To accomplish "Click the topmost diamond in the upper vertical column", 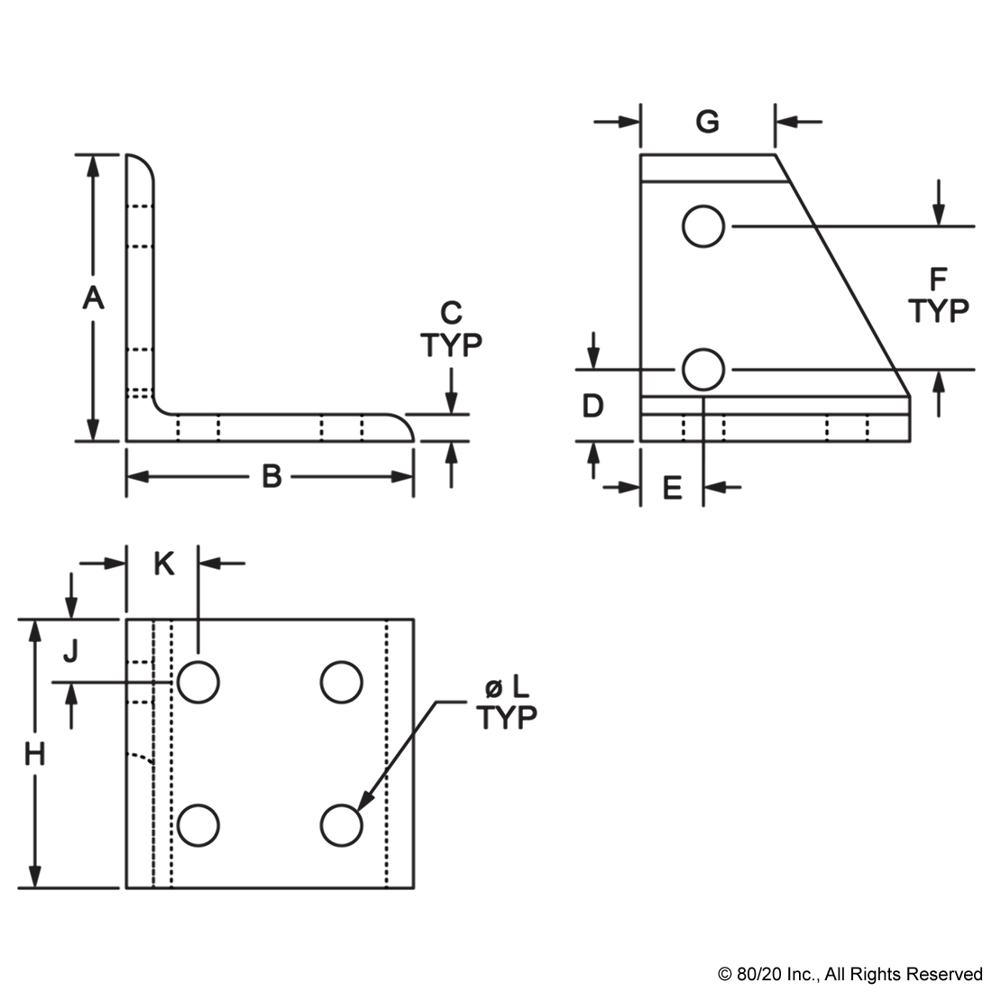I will click(138, 206).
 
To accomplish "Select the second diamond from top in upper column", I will click(138, 245).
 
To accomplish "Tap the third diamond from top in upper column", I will click(138, 348).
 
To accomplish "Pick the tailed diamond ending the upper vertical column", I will click(139, 390).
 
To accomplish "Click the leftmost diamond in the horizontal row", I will click(179, 427).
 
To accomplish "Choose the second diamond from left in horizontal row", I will click(216, 427).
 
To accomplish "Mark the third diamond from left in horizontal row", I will click(321, 427).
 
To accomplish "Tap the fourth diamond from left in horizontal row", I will click(362, 427).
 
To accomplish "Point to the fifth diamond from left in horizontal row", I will click(684, 427).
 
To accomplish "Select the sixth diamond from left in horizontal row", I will click(721, 427).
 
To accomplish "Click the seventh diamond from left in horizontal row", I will click(826, 427).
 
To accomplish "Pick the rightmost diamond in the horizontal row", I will click(867, 427).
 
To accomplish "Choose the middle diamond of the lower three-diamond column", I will click(138, 702).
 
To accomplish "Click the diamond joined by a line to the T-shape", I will click(140, 755).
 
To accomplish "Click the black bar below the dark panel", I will click(849, 975).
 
